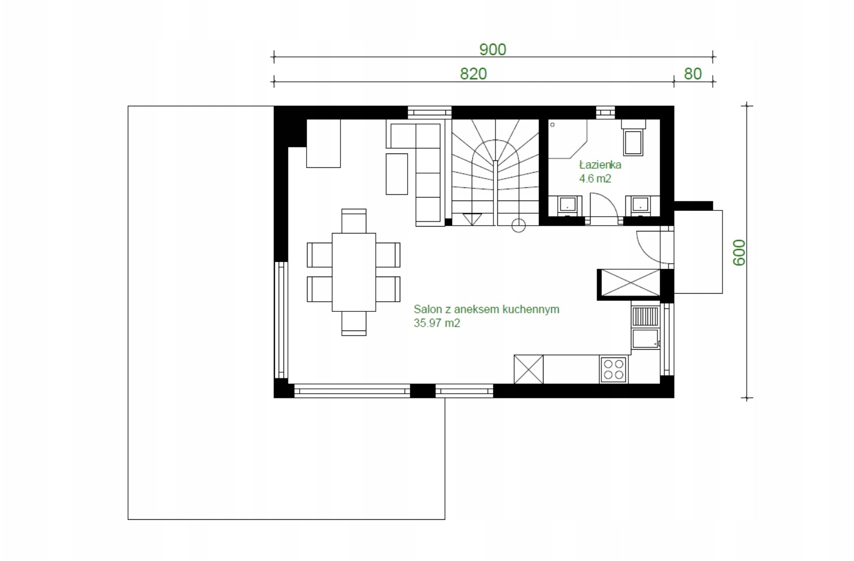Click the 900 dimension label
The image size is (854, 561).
pos(492,50)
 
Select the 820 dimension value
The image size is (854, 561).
pos(473,74)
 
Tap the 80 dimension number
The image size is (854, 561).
pos(693,74)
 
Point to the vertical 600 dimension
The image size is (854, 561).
pos(739,253)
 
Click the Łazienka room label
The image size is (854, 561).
pos(600,165)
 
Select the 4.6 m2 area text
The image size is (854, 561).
pos(595,178)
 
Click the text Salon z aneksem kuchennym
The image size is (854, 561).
pos(486,309)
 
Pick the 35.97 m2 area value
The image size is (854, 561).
pos(437,323)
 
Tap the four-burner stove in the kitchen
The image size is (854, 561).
pos(613,370)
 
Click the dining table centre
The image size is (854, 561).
pos(354,272)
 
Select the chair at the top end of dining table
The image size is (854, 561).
pos(354,221)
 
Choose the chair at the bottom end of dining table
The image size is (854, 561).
pos(354,323)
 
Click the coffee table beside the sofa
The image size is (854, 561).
pos(397,174)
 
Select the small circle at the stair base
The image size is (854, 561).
pos(518,226)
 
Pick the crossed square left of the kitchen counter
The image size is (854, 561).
pos(528,369)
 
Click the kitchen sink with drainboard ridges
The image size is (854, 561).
pos(646,316)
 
